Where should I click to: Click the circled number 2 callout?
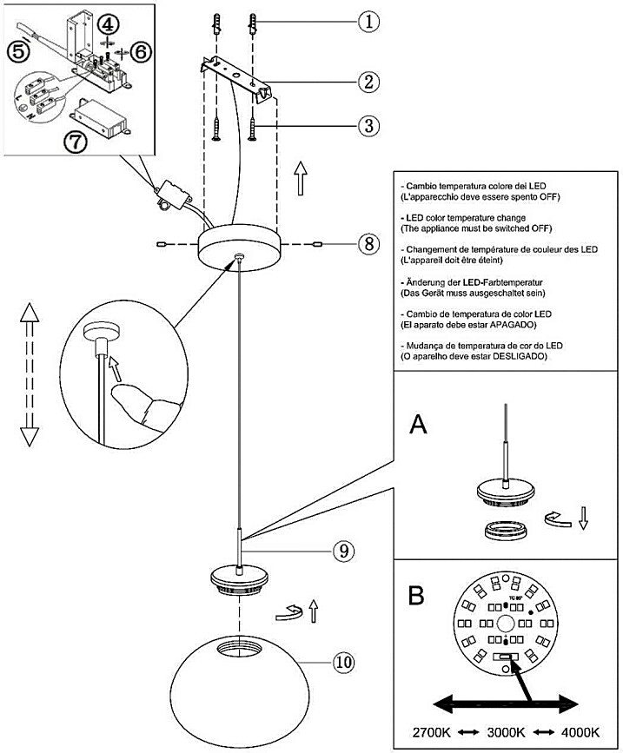[369, 83]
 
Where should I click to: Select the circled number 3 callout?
[369, 125]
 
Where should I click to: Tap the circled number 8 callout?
[369, 245]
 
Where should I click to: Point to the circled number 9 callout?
[344, 550]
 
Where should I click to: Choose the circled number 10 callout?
[345, 663]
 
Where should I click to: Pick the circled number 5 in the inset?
[17, 51]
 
